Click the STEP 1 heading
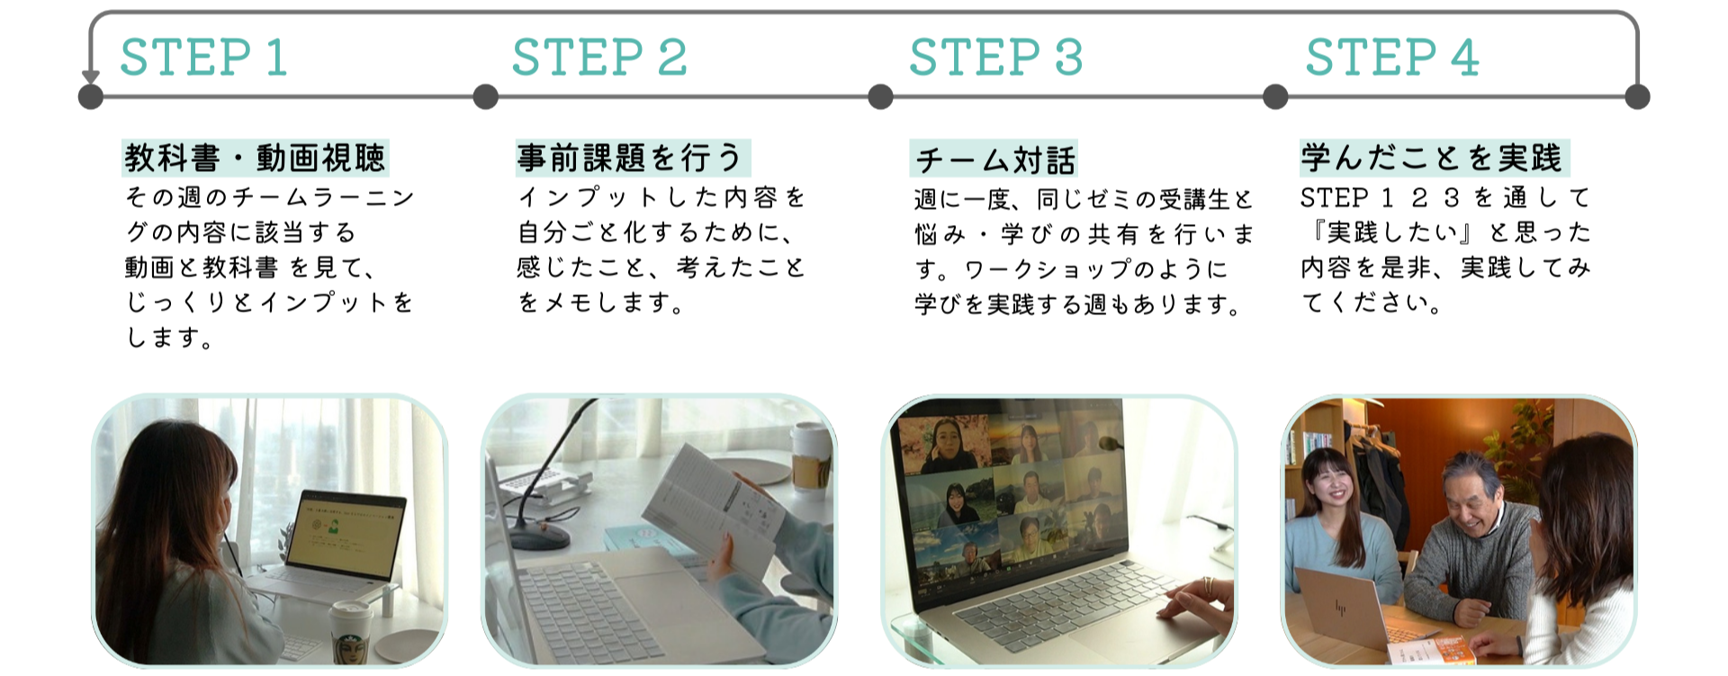tap(204, 58)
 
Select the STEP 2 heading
tap(599, 58)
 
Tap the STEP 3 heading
tap(996, 58)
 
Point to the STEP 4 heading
tap(1392, 58)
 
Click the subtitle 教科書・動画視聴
tap(256, 158)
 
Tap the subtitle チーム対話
tap(994, 160)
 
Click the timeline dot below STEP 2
tap(485, 96)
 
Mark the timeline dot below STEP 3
tap(880, 96)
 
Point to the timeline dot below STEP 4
tap(1275, 96)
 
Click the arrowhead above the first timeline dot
tap(90, 77)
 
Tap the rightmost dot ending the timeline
tap(1637, 96)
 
